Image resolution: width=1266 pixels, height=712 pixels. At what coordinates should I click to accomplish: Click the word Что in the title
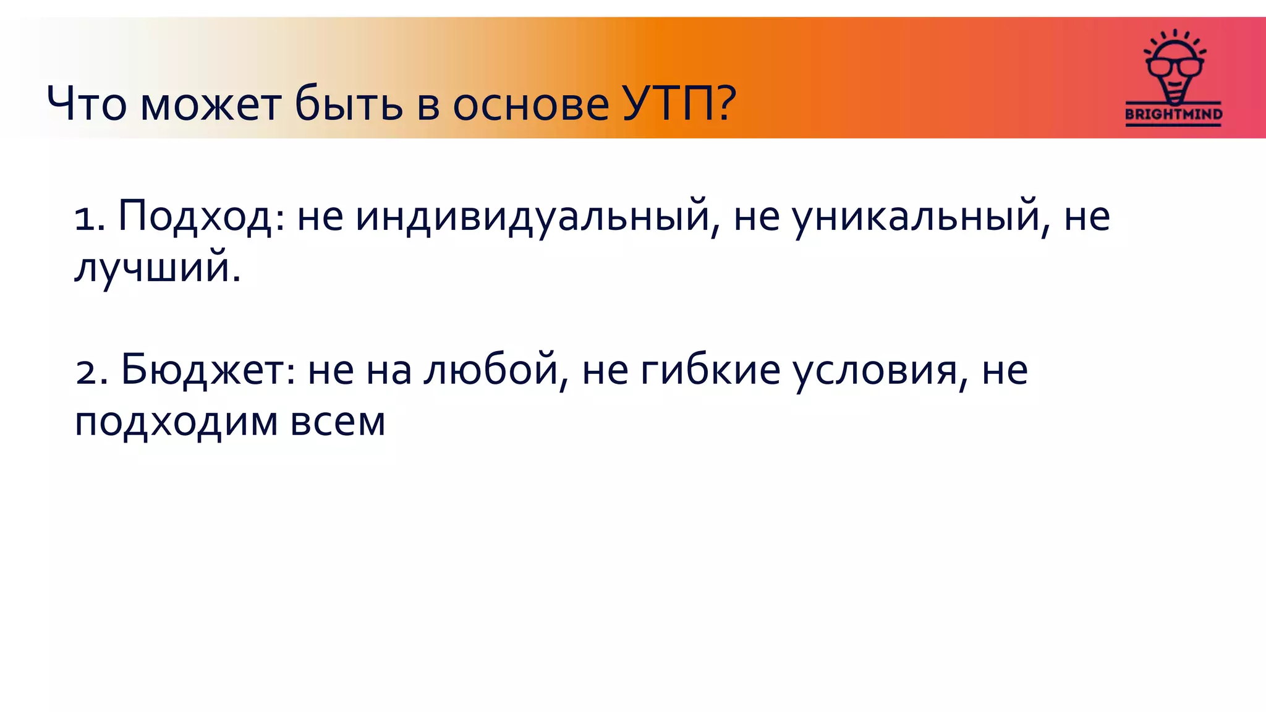(87, 103)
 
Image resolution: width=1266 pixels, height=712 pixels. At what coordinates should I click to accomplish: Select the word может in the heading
(210, 103)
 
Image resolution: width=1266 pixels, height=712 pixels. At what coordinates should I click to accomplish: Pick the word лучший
(152, 268)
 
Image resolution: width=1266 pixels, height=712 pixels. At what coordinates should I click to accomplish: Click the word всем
(338, 422)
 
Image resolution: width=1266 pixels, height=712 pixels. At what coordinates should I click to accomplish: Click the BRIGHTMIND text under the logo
(1173, 114)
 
